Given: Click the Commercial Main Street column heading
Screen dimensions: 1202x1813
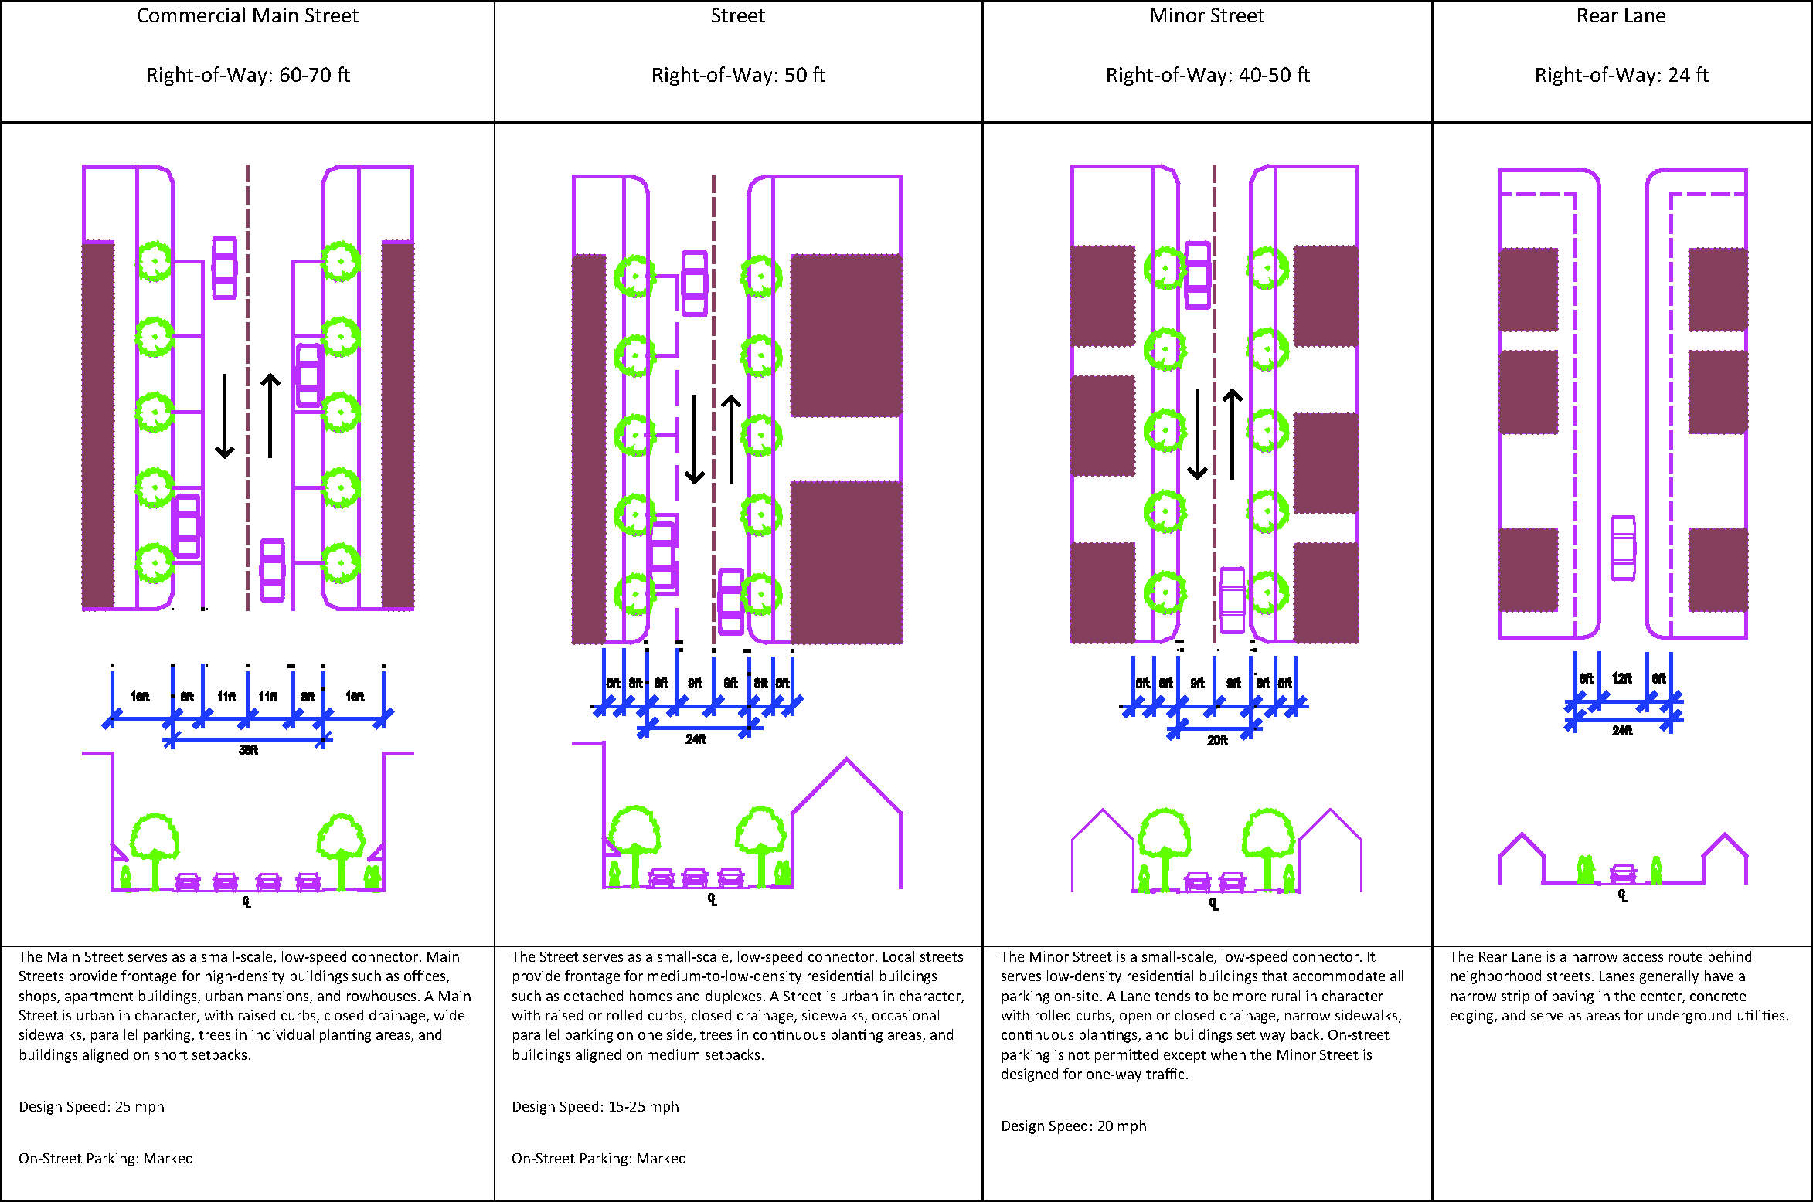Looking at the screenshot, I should coord(247,16).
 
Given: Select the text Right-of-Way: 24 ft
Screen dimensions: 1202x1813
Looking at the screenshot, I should coord(1621,75).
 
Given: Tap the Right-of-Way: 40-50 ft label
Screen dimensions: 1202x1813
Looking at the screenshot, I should coord(1207,75).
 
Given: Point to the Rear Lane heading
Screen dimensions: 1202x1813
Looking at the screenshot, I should coord(1621,16).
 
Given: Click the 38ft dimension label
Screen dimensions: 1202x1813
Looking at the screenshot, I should coord(248,750).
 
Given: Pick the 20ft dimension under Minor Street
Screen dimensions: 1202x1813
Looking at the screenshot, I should coord(1217,741).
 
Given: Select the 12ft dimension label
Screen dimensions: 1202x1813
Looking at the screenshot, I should coord(1621,678).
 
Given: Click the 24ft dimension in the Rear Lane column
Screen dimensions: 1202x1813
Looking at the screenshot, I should coord(1622,731).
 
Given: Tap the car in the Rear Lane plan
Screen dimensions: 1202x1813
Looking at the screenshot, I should coord(1623,548).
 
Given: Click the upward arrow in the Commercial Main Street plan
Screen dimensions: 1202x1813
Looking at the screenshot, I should coord(270,416).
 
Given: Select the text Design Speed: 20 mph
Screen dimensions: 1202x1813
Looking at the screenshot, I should coord(1073,1126).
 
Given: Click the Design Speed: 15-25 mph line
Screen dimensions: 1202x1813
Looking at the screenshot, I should coord(595,1107).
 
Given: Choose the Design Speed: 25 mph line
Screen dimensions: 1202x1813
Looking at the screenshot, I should coord(91,1107).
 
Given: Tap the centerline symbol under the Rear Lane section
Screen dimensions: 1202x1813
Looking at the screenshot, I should coord(1623,895).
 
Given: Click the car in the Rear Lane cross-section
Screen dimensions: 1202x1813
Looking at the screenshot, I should coord(1623,874).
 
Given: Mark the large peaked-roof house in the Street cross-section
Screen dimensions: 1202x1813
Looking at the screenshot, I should coord(847,823).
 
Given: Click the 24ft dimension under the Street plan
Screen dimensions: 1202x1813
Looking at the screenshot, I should coord(696,739).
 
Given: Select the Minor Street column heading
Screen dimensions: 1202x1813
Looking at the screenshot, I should coord(1206,16).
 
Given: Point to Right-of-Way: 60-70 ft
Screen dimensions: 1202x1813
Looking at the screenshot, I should coord(247,75).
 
